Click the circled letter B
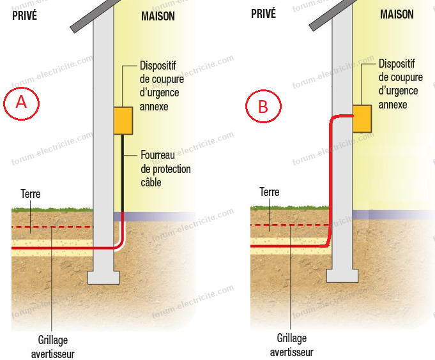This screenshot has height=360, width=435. [x=263, y=107]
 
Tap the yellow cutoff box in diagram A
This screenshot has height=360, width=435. [x=123, y=121]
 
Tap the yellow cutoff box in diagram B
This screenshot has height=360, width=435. [x=362, y=118]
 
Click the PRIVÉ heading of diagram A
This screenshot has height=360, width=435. [x=25, y=15]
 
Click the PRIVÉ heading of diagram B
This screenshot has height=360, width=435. [x=263, y=13]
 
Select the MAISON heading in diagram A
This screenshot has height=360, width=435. [x=158, y=16]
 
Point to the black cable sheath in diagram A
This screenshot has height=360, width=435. [x=123, y=172]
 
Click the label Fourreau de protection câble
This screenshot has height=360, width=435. [x=165, y=169]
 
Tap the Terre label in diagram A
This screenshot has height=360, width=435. [x=31, y=193]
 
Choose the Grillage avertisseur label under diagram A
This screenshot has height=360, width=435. [x=52, y=346]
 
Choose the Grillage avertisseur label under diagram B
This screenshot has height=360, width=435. [x=292, y=345]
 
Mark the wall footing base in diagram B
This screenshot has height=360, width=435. [x=342, y=275]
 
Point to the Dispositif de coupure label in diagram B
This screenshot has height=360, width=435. [x=401, y=84]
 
